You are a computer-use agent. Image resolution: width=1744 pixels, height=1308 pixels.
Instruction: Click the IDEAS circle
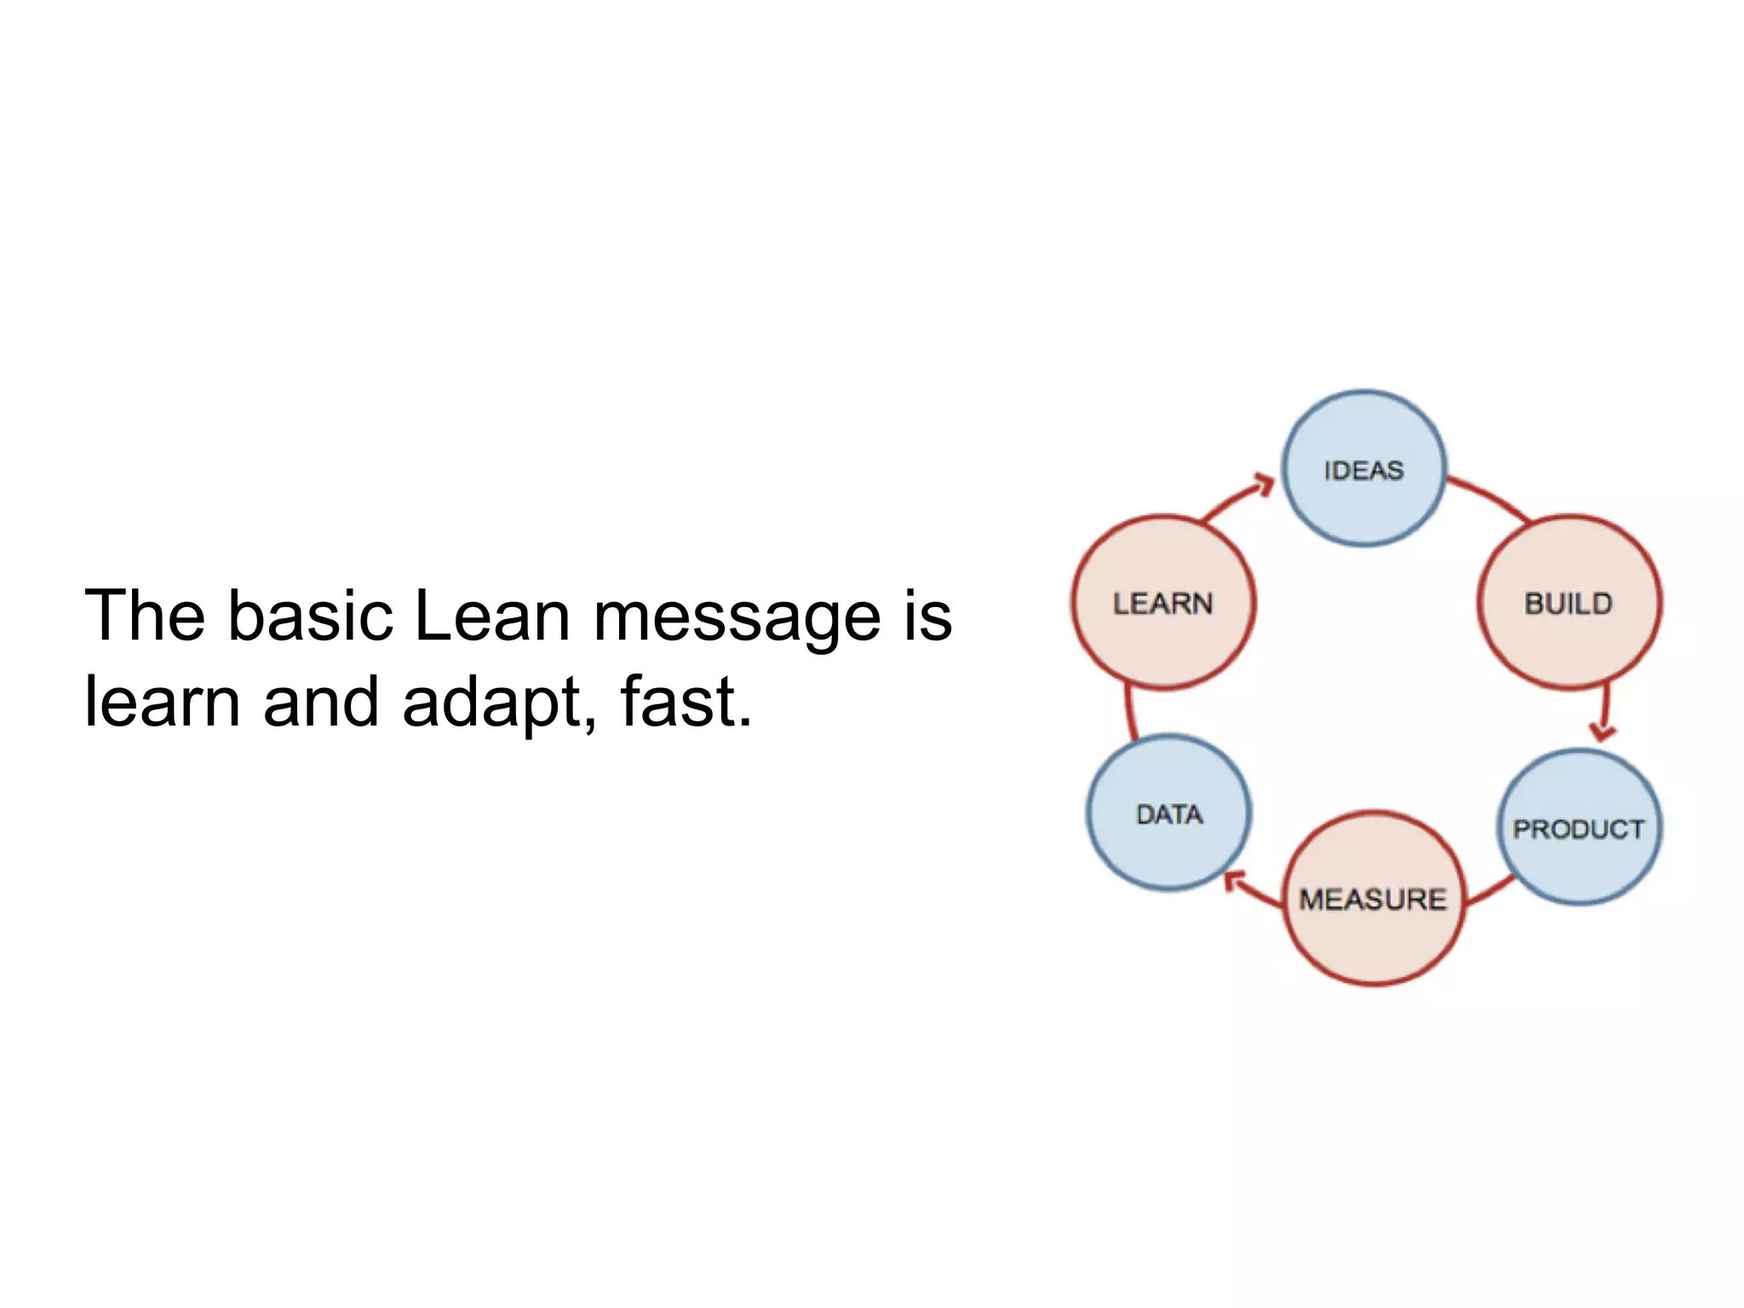1363,468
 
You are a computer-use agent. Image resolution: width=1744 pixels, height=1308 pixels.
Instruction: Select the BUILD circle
1569,603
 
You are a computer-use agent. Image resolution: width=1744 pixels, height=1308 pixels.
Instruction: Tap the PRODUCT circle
1579,828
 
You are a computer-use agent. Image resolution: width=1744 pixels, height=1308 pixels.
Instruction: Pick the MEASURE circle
1374,899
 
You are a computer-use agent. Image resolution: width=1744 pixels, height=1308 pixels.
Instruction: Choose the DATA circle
1169,813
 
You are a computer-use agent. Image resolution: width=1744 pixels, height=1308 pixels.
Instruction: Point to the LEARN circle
1163,603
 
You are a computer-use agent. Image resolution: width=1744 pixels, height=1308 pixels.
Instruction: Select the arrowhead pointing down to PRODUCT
1603,731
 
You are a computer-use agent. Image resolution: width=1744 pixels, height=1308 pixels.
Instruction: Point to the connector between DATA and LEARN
1129,712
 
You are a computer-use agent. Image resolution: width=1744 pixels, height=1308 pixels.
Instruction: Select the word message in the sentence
737,617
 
